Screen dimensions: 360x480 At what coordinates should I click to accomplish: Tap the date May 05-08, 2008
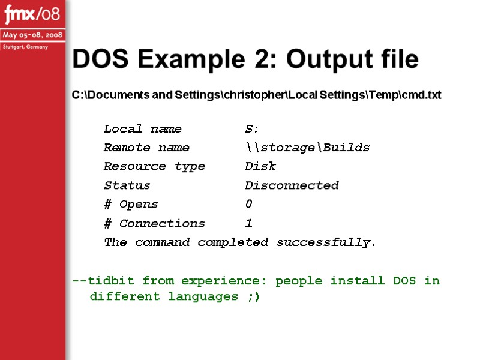click(x=32, y=35)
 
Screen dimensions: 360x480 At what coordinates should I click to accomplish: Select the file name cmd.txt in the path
click(x=421, y=95)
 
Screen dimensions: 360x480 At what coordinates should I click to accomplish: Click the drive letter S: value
click(x=252, y=129)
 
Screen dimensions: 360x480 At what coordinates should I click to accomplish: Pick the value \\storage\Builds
click(x=307, y=148)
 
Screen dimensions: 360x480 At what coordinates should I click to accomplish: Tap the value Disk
click(x=260, y=166)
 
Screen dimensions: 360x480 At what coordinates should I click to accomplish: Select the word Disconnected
click(x=292, y=185)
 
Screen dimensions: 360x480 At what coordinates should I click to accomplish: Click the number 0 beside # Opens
click(x=249, y=205)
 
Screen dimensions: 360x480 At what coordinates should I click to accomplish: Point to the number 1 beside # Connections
click(x=249, y=223)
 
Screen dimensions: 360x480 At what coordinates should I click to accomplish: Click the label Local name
click(x=142, y=129)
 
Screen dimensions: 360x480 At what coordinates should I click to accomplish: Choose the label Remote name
click(x=146, y=148)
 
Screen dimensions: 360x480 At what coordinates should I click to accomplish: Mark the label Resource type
click(x=154, y=166)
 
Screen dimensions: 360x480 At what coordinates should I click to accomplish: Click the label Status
click(x=127, y=185)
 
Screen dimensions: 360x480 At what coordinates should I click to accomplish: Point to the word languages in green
click(x=203, y=296)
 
